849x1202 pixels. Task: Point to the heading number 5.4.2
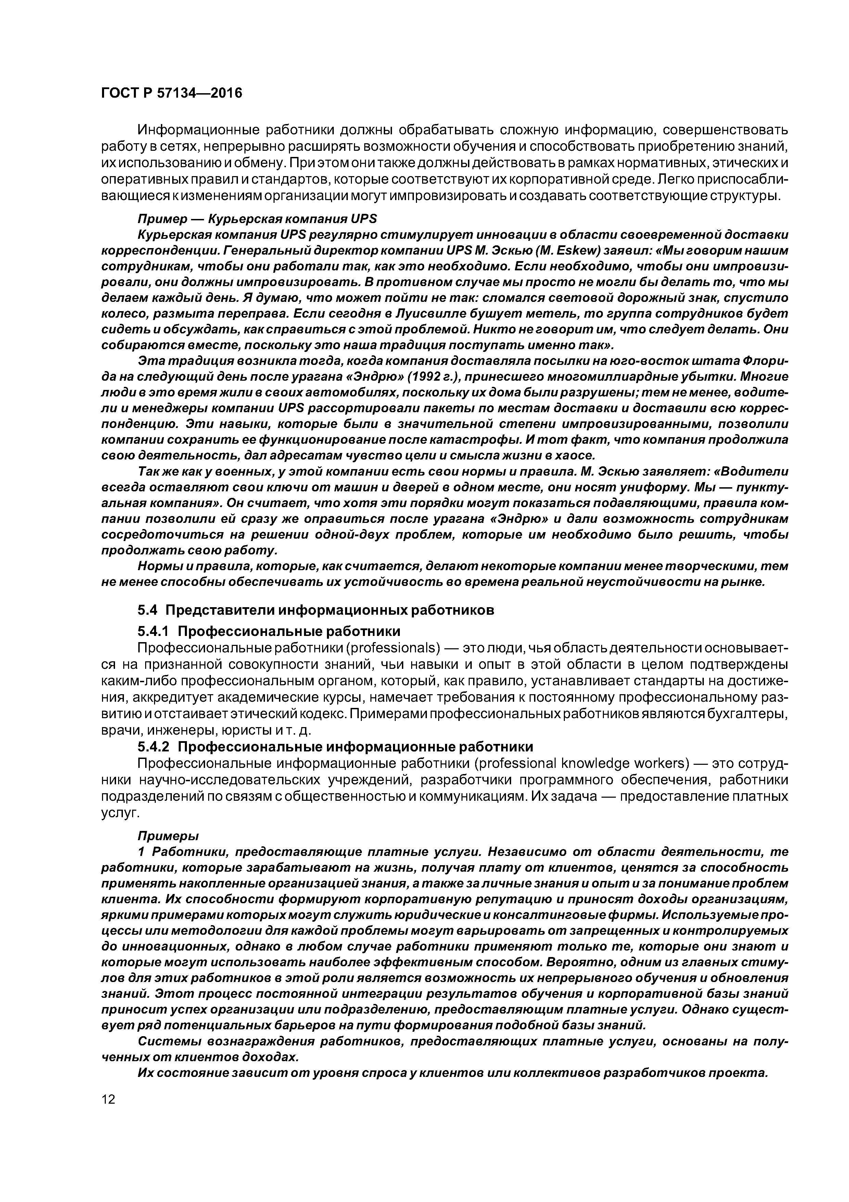click(x=155, y=746)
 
